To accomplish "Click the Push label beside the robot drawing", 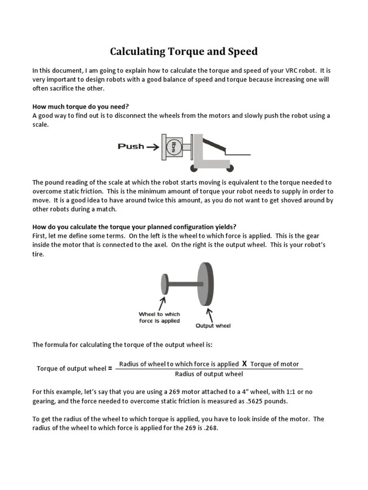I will pos(131,146).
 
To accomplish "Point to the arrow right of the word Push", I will pos(153,147).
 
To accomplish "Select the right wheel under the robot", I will pos(230,168).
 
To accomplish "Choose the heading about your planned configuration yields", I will pos(134,227).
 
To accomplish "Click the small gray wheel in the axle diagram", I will pos(165,284).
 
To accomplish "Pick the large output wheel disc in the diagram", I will pos(205,284).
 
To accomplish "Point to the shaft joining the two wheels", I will pos(183,284).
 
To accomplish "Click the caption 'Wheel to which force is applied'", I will pos(160,317).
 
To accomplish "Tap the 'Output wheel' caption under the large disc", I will pos(213,326).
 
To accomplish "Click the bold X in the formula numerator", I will pos(244,364).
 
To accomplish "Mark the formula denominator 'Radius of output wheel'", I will pos(209,374).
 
